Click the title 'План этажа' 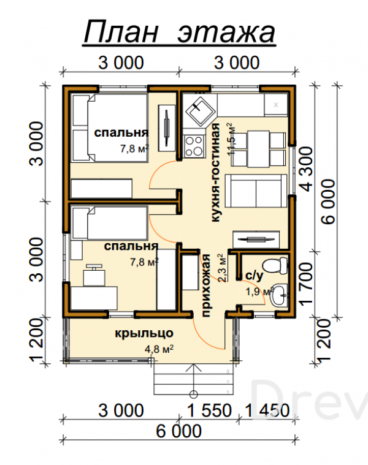[179, 32]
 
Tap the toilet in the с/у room [275, 265]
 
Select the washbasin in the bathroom [280, 295]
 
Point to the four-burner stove [194, 146]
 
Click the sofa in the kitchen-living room [256, 191]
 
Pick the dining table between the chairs [258, 149]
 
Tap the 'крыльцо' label [144, 333]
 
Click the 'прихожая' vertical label [206, 285]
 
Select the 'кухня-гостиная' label [215, 173]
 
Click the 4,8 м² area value [159, 349]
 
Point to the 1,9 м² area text [259, 292]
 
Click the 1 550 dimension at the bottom [210, 410]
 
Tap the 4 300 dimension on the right [307, 169]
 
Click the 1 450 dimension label [267, 410]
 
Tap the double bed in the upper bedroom [110, 128]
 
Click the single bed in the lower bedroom [110, 223]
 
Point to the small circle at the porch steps [193, 394]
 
